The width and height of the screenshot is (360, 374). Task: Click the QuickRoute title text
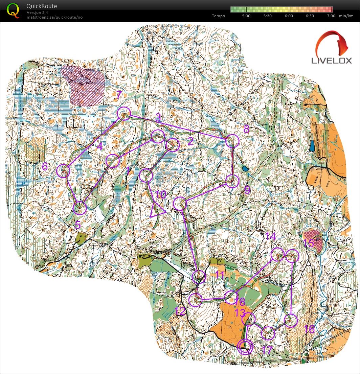click(x=42, y=6)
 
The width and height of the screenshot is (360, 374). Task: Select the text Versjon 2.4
click(x=38, y=13)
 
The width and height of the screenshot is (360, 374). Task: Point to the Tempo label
click(x=218, y=16)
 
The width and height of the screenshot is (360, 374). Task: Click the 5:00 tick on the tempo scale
click(x=247, y=16)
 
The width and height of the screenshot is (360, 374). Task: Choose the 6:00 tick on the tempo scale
click(x=289, y=16)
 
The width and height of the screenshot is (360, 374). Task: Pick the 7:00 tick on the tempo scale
click(x=331, y=16)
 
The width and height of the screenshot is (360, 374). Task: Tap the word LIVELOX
click(x=331, y=61)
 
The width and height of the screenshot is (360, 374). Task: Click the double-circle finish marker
click(x=245, y=346)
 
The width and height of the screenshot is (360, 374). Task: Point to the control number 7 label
click(x=118, y=95)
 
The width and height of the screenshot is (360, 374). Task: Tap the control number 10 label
click(x=161, y=194)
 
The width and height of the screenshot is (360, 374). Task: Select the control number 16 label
click(x=309, y=328)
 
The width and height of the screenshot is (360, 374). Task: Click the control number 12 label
click(x=180, y=311)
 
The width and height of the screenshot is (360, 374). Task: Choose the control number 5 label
click(x=77, y=225)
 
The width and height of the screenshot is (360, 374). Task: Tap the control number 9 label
click(x=247, y=190)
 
